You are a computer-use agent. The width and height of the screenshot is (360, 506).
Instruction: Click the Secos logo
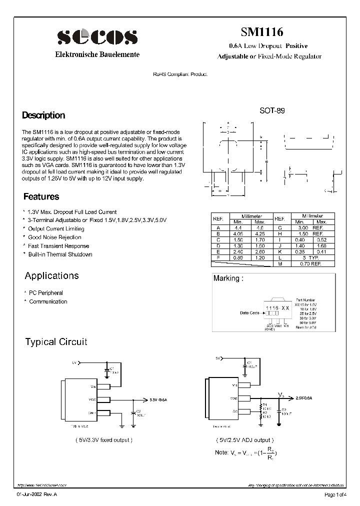(x=97, y=37)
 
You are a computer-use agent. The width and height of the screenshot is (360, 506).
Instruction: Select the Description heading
(x=43, y=115)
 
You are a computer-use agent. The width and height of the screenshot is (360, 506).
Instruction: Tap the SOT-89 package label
(x=272, y=111)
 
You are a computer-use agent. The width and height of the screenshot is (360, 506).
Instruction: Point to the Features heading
(x=41, y=197)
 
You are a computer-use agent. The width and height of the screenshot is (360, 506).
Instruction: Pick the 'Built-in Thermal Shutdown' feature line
(x=60, y=254)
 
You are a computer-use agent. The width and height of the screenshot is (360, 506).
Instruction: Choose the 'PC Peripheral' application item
(x=46, y=293)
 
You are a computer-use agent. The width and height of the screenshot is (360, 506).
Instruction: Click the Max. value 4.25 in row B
(x=260, y=233)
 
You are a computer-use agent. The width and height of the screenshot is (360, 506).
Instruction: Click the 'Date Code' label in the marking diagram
(x=249, y=313)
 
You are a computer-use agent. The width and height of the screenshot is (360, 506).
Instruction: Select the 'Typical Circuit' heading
(x=56, y=342)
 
